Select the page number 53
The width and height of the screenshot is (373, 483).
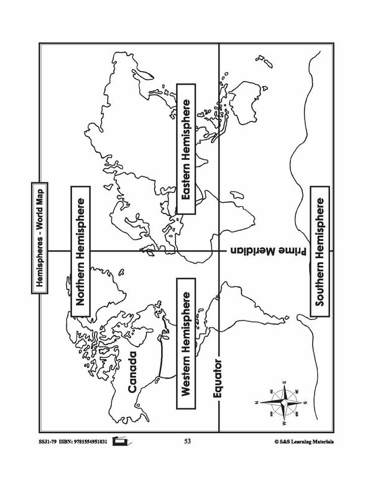tap(188, 442)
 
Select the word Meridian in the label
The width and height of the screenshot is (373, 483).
tap(249, 251)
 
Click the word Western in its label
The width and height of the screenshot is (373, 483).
tap(185, 372)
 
